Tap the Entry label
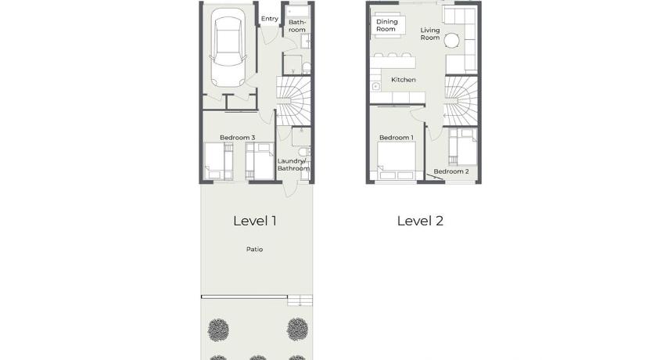pos(269,19)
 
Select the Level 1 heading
pos(255,221)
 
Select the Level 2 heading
pos(420,221)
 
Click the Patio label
pos(254,250)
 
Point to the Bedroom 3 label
pos(238,138)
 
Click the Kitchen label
pos(404,80)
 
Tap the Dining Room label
pos(386,25)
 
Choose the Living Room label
pos(430,34)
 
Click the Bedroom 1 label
pos(397,138)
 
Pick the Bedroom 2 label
pos(451,171)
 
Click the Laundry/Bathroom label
pos(293,164)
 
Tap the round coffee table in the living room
pos(452,41)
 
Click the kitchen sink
pos(376,87)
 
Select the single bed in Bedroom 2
pos(462,146)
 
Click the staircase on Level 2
pos(461,101)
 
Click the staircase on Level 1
pos(293,101)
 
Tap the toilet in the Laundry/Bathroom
pos(304,151)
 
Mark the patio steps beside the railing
pos(300,301)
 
